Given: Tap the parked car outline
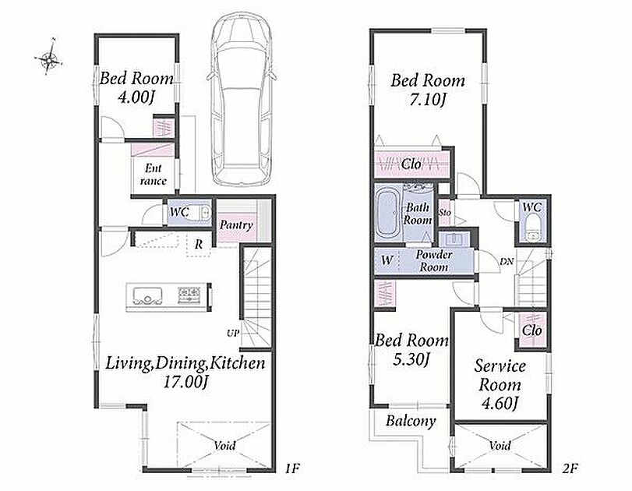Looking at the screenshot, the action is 242,99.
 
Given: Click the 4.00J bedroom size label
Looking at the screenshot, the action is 136,97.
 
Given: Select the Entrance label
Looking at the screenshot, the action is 154,174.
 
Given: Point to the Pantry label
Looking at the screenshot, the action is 236,225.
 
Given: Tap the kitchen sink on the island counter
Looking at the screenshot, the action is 145,295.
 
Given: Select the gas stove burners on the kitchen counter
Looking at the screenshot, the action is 189,295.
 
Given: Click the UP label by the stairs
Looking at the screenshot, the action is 232,334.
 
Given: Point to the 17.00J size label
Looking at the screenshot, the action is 185,382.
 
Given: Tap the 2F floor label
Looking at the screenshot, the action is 570,468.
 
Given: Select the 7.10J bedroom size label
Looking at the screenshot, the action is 427,100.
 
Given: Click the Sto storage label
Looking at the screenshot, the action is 445,213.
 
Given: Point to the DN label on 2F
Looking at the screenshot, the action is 507,262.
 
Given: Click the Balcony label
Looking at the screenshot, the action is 411,422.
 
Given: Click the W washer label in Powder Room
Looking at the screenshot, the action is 386,260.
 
